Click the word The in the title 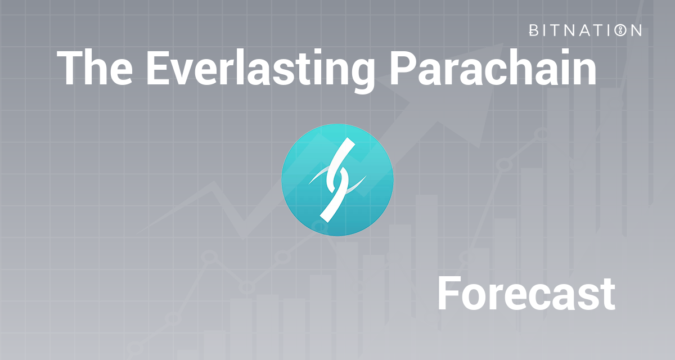pyautogui.click(x=94, y=67)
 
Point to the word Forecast pyautogui.click(x=526, y=294)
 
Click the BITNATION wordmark pyautogui.click(x=585, y=30)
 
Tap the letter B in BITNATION pyautogui.click(x=534, y=30)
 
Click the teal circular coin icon pyautogui.click(x=337, y=179)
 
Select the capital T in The pyautogui.click(x=71, y=67)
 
